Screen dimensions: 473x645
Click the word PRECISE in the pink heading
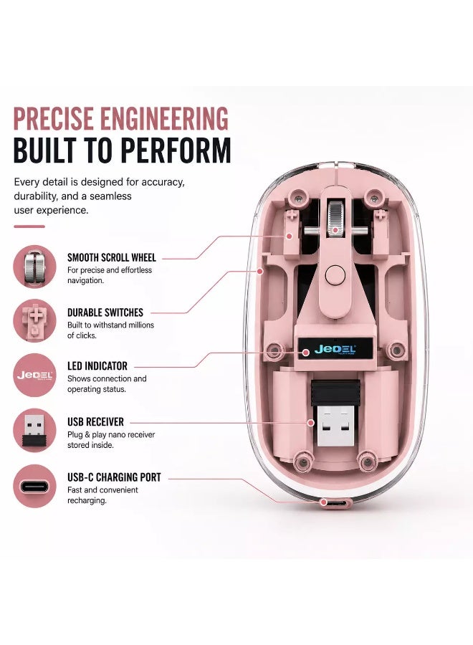[x=54, y=118]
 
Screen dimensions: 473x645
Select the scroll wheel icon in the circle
[x=34, y=267]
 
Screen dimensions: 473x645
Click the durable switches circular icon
[x=34, y=321]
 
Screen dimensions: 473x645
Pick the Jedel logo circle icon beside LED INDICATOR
[x=34, y=375]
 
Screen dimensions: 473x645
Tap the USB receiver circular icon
[x=34, y=431]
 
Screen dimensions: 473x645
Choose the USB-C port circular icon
[x=34, y=486]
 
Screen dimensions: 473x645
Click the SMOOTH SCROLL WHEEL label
[x=112, y=258]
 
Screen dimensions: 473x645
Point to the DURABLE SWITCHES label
[x=105, y=312]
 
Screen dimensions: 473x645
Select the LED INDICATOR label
[x=97, y=366]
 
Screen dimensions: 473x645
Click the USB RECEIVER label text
[x=95, y=422]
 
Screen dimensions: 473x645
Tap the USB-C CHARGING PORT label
[x=114, y=477]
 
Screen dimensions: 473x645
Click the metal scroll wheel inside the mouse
[x=335, y=219]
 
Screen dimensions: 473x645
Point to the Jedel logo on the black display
[x=335, y=350]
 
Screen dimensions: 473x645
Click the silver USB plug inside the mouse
[x=335, y=426]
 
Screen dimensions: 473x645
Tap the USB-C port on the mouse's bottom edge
[x=336, y=502]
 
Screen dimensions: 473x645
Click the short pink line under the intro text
[x=29, y=226]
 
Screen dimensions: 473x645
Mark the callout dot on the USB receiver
[x=311, y=423]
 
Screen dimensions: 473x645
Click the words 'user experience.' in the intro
[x=51, y=210]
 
